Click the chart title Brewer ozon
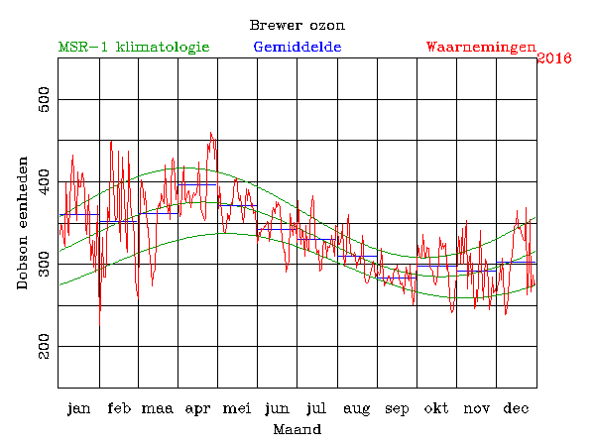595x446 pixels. (297, 25)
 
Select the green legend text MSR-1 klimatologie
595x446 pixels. (134, 47)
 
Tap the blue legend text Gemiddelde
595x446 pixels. (297, 47)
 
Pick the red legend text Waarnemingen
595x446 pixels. (481, 47)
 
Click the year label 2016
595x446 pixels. (554, 58)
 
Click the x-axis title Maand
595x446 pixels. (297, 430)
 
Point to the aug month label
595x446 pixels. (357, 408)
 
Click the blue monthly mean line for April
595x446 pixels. (197, 184)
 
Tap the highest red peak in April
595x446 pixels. (210, 132)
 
